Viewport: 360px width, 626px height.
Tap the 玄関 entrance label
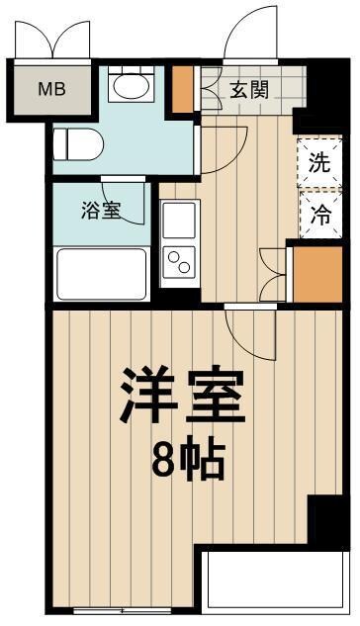(x=250, y=90)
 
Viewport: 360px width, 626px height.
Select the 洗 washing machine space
(x=317, y=163)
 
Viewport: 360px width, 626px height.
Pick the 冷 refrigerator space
(x=317, y=212)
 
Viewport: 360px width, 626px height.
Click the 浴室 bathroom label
(x=101, y=210)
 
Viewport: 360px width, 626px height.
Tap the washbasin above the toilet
(x=128, y=87)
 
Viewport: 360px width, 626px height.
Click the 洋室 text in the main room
(x=181, y=397)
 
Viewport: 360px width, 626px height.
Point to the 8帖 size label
(x=187, y=458)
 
